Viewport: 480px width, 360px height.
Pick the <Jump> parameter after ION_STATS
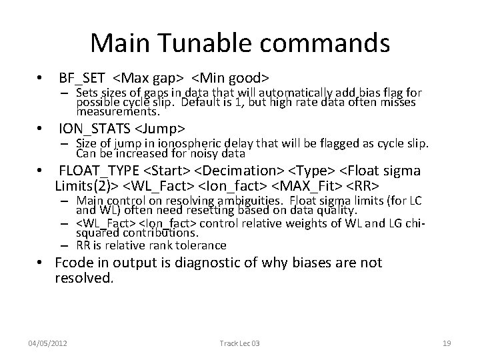(161, 127)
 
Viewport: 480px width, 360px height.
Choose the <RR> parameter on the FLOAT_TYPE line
(361, 183)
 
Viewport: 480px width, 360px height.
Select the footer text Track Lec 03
(239, 343)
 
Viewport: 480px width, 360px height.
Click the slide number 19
(447, 343)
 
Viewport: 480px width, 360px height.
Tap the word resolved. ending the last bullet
(84, 279)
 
